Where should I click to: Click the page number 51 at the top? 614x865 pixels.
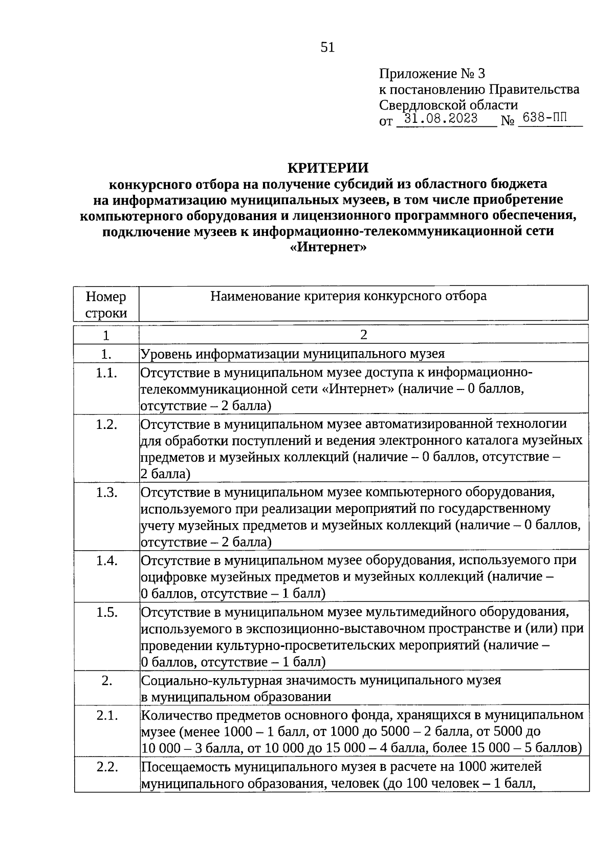[x=327, y=48]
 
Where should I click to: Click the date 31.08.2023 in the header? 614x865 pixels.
[x=441, y=119]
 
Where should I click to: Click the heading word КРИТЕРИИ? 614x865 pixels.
[x=327, y=168]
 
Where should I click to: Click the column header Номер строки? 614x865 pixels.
[x=106, y=305]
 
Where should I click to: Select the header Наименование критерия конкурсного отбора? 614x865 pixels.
[x=348, y=296]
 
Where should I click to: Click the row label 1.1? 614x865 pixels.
[x=106, y=373]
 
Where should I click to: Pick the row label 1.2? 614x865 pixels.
[x=106, y=424]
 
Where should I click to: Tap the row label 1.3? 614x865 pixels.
[x=106, y=492]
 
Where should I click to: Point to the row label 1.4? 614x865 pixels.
[x=106, y=560]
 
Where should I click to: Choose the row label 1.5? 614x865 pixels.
[x=106, y=612]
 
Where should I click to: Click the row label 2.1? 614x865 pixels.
[x=106, y=715]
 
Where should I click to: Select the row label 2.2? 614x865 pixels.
[x=106, y=767]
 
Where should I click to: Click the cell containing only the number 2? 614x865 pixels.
[x=363, y=335]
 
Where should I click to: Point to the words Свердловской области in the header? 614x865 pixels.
[x=448, y=105]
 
